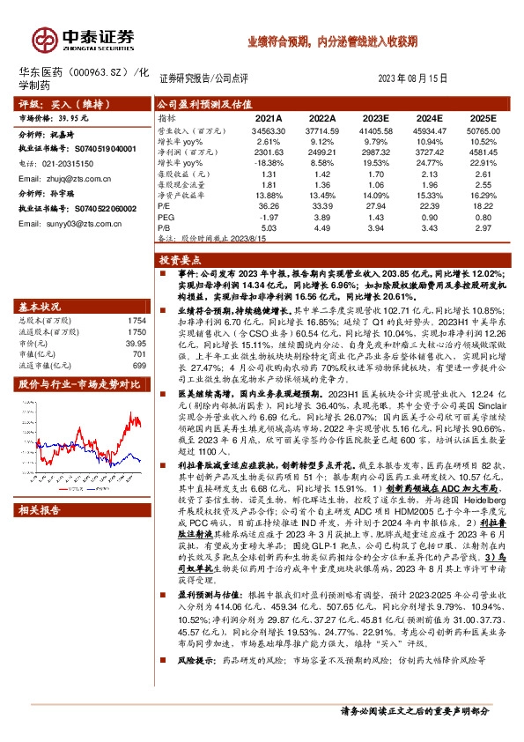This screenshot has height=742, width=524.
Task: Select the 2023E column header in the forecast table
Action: pyautogui.click(x=374, y=117)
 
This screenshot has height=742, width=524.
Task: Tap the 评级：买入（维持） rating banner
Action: pyautogui.click(x=55, y=104)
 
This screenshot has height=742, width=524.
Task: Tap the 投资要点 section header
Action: pyautogui.click(x=180, y=261)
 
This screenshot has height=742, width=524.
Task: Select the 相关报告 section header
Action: pyautogui.click(x=40, y=508)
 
